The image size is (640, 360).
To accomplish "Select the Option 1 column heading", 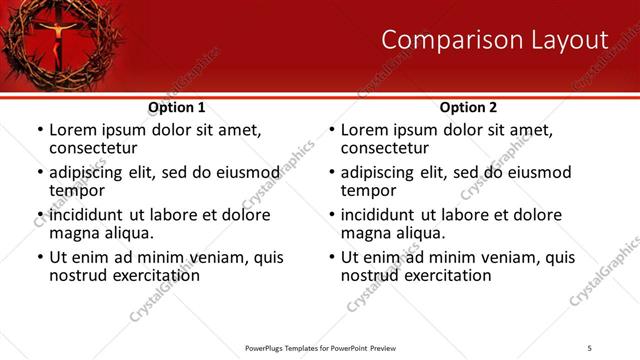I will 177,107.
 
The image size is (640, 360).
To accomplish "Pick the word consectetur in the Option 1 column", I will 93,148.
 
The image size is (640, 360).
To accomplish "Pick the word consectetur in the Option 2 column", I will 385,148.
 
